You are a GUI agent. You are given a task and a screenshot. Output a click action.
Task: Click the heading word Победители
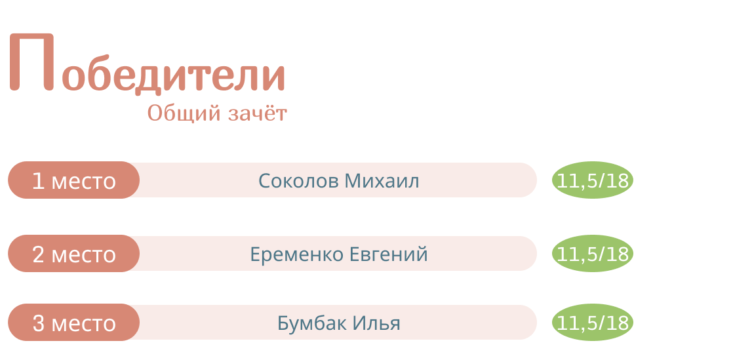[148, 64]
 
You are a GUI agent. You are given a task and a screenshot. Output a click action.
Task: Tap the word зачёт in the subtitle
[258, 113]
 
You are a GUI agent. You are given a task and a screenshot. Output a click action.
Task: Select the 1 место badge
[74, 180]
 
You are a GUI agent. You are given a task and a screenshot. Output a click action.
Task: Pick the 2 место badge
[74, 253]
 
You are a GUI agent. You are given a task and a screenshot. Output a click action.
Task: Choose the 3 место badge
[74, 322]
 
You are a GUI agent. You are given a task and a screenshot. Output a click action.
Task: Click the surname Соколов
[298, 181]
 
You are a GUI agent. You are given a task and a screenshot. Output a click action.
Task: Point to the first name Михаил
[382, 181]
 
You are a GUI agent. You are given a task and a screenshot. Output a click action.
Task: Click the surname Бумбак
[311, 323]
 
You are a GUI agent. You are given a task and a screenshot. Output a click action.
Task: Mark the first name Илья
[376, 323]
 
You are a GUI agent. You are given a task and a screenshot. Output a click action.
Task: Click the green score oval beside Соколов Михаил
[592, 180]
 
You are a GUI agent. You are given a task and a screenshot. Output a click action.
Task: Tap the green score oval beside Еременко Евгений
[592, 253]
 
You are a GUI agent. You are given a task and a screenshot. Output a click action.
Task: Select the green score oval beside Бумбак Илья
[592, 322]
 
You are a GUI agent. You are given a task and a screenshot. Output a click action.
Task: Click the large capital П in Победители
[31, 62]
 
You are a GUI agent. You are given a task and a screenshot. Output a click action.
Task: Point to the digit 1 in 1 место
[38, 181]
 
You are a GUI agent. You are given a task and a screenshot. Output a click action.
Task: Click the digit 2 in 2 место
[38, 254]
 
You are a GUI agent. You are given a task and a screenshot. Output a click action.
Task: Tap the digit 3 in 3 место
[38, 323]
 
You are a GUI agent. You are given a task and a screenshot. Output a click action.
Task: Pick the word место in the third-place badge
[84, 325]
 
